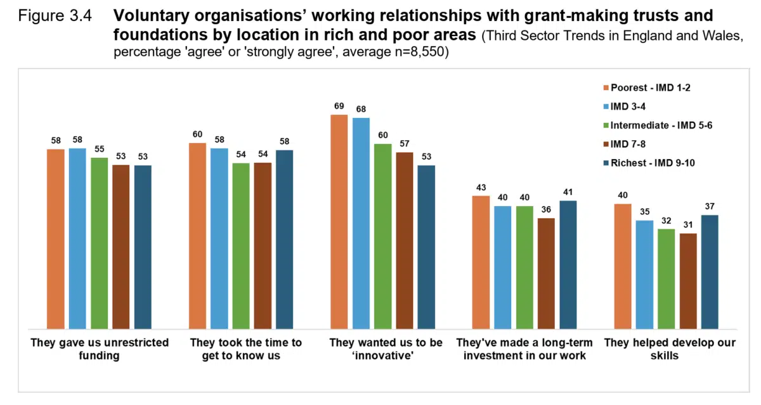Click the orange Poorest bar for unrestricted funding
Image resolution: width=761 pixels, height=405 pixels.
click(x=56, y=239)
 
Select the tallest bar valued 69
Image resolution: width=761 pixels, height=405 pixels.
click(x=339, y=222)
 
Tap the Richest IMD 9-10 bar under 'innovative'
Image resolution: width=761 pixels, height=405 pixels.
click(x=426, y=247)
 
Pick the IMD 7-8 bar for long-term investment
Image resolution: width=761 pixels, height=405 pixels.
click(x=545, y=274)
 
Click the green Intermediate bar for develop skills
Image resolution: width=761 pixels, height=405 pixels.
click(x=666, y=279)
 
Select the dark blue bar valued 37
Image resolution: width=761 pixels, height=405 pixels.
click(x=709, y=272)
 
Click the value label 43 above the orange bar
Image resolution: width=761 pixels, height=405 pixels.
click(x=481, y=188)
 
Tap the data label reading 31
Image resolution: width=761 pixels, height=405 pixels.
click(x=687, y=225)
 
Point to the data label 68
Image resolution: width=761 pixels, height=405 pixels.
click(x=361, y=110)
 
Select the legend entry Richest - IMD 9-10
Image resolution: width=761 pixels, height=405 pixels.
click(x=653, y=163)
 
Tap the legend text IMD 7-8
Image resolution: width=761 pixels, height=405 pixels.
click(x=629, y=144)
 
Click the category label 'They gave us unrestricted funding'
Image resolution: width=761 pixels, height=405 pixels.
click(x=100, y=349)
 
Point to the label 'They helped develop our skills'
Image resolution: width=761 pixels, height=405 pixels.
click(x=669, y=349)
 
